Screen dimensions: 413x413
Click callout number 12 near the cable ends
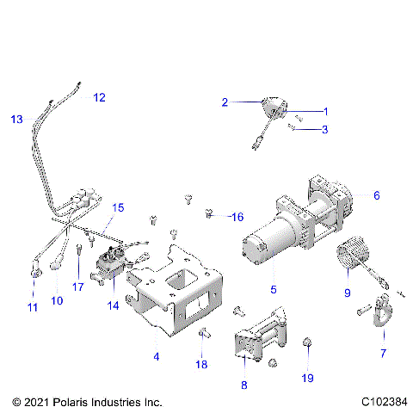(x=99, y=97)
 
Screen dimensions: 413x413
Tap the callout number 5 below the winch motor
(x=273, y=288)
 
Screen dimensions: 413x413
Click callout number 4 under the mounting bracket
(x=156, y=356)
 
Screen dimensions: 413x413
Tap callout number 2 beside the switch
(x=225, y=102)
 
